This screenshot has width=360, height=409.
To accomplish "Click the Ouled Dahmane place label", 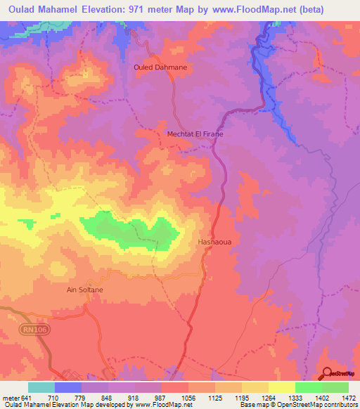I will pyautogui.click(x=158, y=67).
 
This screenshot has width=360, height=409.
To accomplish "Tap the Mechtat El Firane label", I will pyautogui.click(x=195, y=134).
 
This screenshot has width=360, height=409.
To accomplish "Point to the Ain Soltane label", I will pyautogui.click(x=85, y=290).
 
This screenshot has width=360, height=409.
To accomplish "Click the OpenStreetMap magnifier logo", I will pyautogui.click(x=328, y=373).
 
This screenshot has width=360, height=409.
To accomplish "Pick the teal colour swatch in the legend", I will pyautogui.click(x=41, y=387).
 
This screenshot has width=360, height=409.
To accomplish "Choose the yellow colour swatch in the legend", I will pyautogui.click(x=281, y=387).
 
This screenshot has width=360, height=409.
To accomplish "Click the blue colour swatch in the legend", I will pyautogui.click(x=67, y=387).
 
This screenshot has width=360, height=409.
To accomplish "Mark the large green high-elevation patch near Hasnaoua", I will pyautogui.click(x=134, y=233).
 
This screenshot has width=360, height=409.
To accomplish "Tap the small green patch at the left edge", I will pyautogui.click(x=26, y=223).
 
